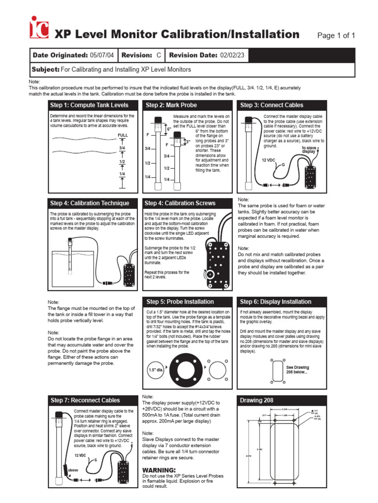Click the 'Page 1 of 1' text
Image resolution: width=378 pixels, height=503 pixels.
coord(336,35)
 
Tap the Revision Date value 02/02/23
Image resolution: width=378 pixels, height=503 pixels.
coord(232,55)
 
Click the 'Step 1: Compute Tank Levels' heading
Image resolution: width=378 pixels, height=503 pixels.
coord(89,105)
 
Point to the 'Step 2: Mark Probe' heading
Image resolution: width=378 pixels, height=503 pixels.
coord(171,105)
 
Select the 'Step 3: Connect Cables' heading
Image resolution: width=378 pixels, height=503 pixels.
coord(272,105)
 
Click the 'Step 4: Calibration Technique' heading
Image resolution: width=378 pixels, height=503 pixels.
coord(90,203)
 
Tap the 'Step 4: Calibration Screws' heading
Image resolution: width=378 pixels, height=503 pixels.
coord(180,203)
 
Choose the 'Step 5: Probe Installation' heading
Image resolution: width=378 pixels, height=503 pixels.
coord(180,302)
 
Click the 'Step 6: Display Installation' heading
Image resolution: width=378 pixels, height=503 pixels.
coord(276,302)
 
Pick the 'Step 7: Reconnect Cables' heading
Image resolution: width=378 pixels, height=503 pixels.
coord(85,400)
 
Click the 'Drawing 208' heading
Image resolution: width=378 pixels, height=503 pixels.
coord(256,400)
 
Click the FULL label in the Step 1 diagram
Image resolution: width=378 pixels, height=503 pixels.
coord(123,135)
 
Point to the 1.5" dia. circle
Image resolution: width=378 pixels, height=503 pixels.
coord(156,370)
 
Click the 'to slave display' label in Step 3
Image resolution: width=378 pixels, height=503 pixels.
coord(309,150)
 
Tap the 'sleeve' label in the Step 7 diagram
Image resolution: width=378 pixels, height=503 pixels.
coord(73,470)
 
